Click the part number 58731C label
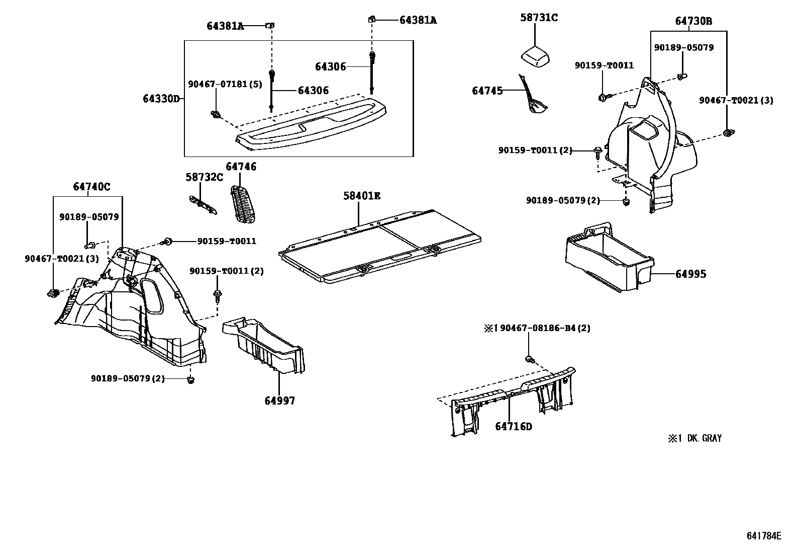click(539, 18)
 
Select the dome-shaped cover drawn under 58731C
click(536, 56)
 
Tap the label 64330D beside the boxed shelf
click(161, 99)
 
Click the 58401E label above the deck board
click(361, 196)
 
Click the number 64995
click(690, 274)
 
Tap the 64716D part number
click(513, 427)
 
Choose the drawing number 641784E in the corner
click(764, 536)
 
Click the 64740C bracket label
click(91, 187)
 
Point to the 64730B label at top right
click(693, 21)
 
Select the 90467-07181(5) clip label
click(225, 85)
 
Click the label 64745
click(487, 91)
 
